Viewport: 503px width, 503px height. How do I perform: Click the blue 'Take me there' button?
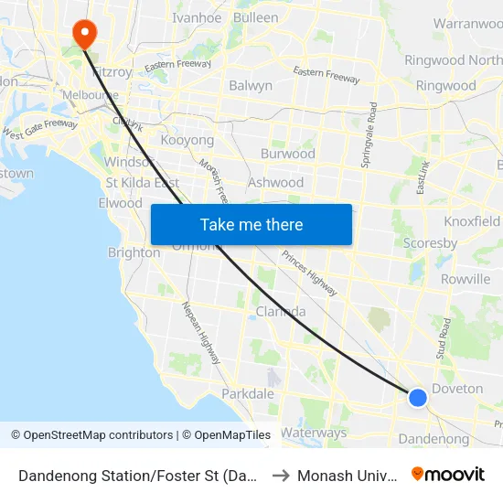tap(251, 224)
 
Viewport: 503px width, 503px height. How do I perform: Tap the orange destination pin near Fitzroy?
tap(85, 34)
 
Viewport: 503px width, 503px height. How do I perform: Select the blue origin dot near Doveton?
tap(417, 397)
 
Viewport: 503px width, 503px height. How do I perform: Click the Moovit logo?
tap(448, 475)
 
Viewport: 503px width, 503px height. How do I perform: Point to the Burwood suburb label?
tap(287, 154)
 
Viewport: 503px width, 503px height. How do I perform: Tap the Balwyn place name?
tap(251, 86)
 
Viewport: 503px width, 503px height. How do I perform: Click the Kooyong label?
tap(187, 141)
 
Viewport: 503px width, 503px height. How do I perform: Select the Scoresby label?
tap(430, 244)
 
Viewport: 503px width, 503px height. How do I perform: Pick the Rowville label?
tap(465, 279)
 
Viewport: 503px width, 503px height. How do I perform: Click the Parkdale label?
tap(247, 393)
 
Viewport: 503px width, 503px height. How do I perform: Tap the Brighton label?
tap(134, 253)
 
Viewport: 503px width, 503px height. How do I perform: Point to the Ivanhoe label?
tap(197, 17)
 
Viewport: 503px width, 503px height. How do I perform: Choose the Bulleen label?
tap(256, 17)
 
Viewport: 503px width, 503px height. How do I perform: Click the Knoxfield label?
tap(472, 221)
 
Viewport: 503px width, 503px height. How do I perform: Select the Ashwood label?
tap(275, 182)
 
